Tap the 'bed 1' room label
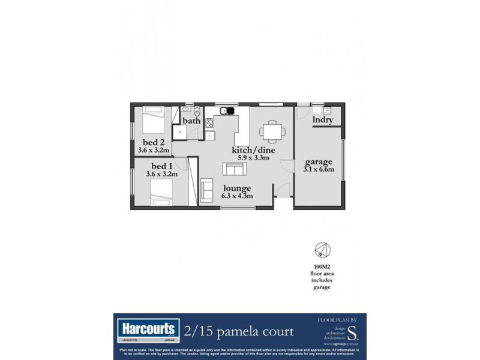click(161, 166)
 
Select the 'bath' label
click(191, 121)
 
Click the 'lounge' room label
click(237, 188)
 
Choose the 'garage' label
click(319, 162)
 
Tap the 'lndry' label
click(323, 120)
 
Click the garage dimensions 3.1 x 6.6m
click(319, 170)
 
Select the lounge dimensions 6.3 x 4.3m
click(237, 196)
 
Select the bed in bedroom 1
click(160, 192)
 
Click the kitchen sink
click(227, 110)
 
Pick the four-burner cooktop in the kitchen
click(209, 124)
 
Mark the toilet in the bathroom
click(197, 110)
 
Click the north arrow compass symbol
click(322, 251)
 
